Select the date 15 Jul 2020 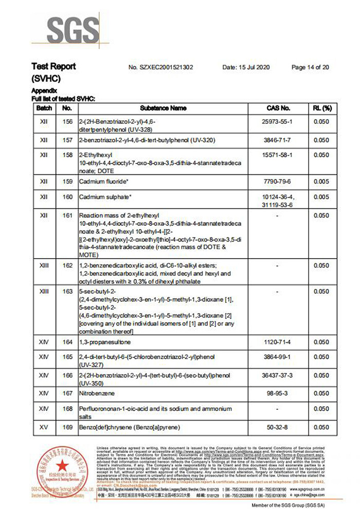click(246, 67)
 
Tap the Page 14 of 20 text click(310, 67)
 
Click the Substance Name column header click(163, 108)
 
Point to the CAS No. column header click(278, 108)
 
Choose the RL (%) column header click(321, 108)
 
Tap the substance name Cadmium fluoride click(103, 181)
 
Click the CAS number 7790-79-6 click(278, 181)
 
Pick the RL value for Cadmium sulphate click(321, 197)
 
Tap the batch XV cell click(44, 427)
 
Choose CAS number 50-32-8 click(278, 427)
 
